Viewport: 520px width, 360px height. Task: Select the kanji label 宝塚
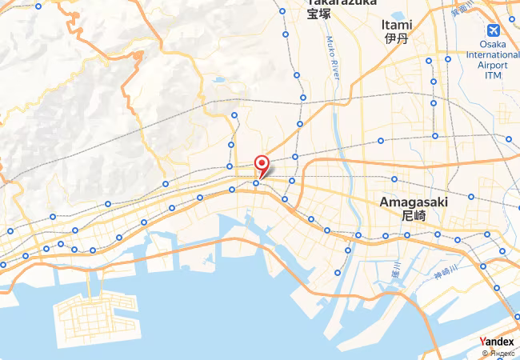tap(319, 14)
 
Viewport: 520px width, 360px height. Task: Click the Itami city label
tap(397, 23)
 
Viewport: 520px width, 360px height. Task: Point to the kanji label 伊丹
tap(397, 38)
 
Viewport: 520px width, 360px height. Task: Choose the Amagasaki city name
tap(414, 202)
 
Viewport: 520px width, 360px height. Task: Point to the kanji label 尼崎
tap(414, 216)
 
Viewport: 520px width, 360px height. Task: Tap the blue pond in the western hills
tap(218, 80)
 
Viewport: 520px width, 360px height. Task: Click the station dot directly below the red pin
tap(256, 183)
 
